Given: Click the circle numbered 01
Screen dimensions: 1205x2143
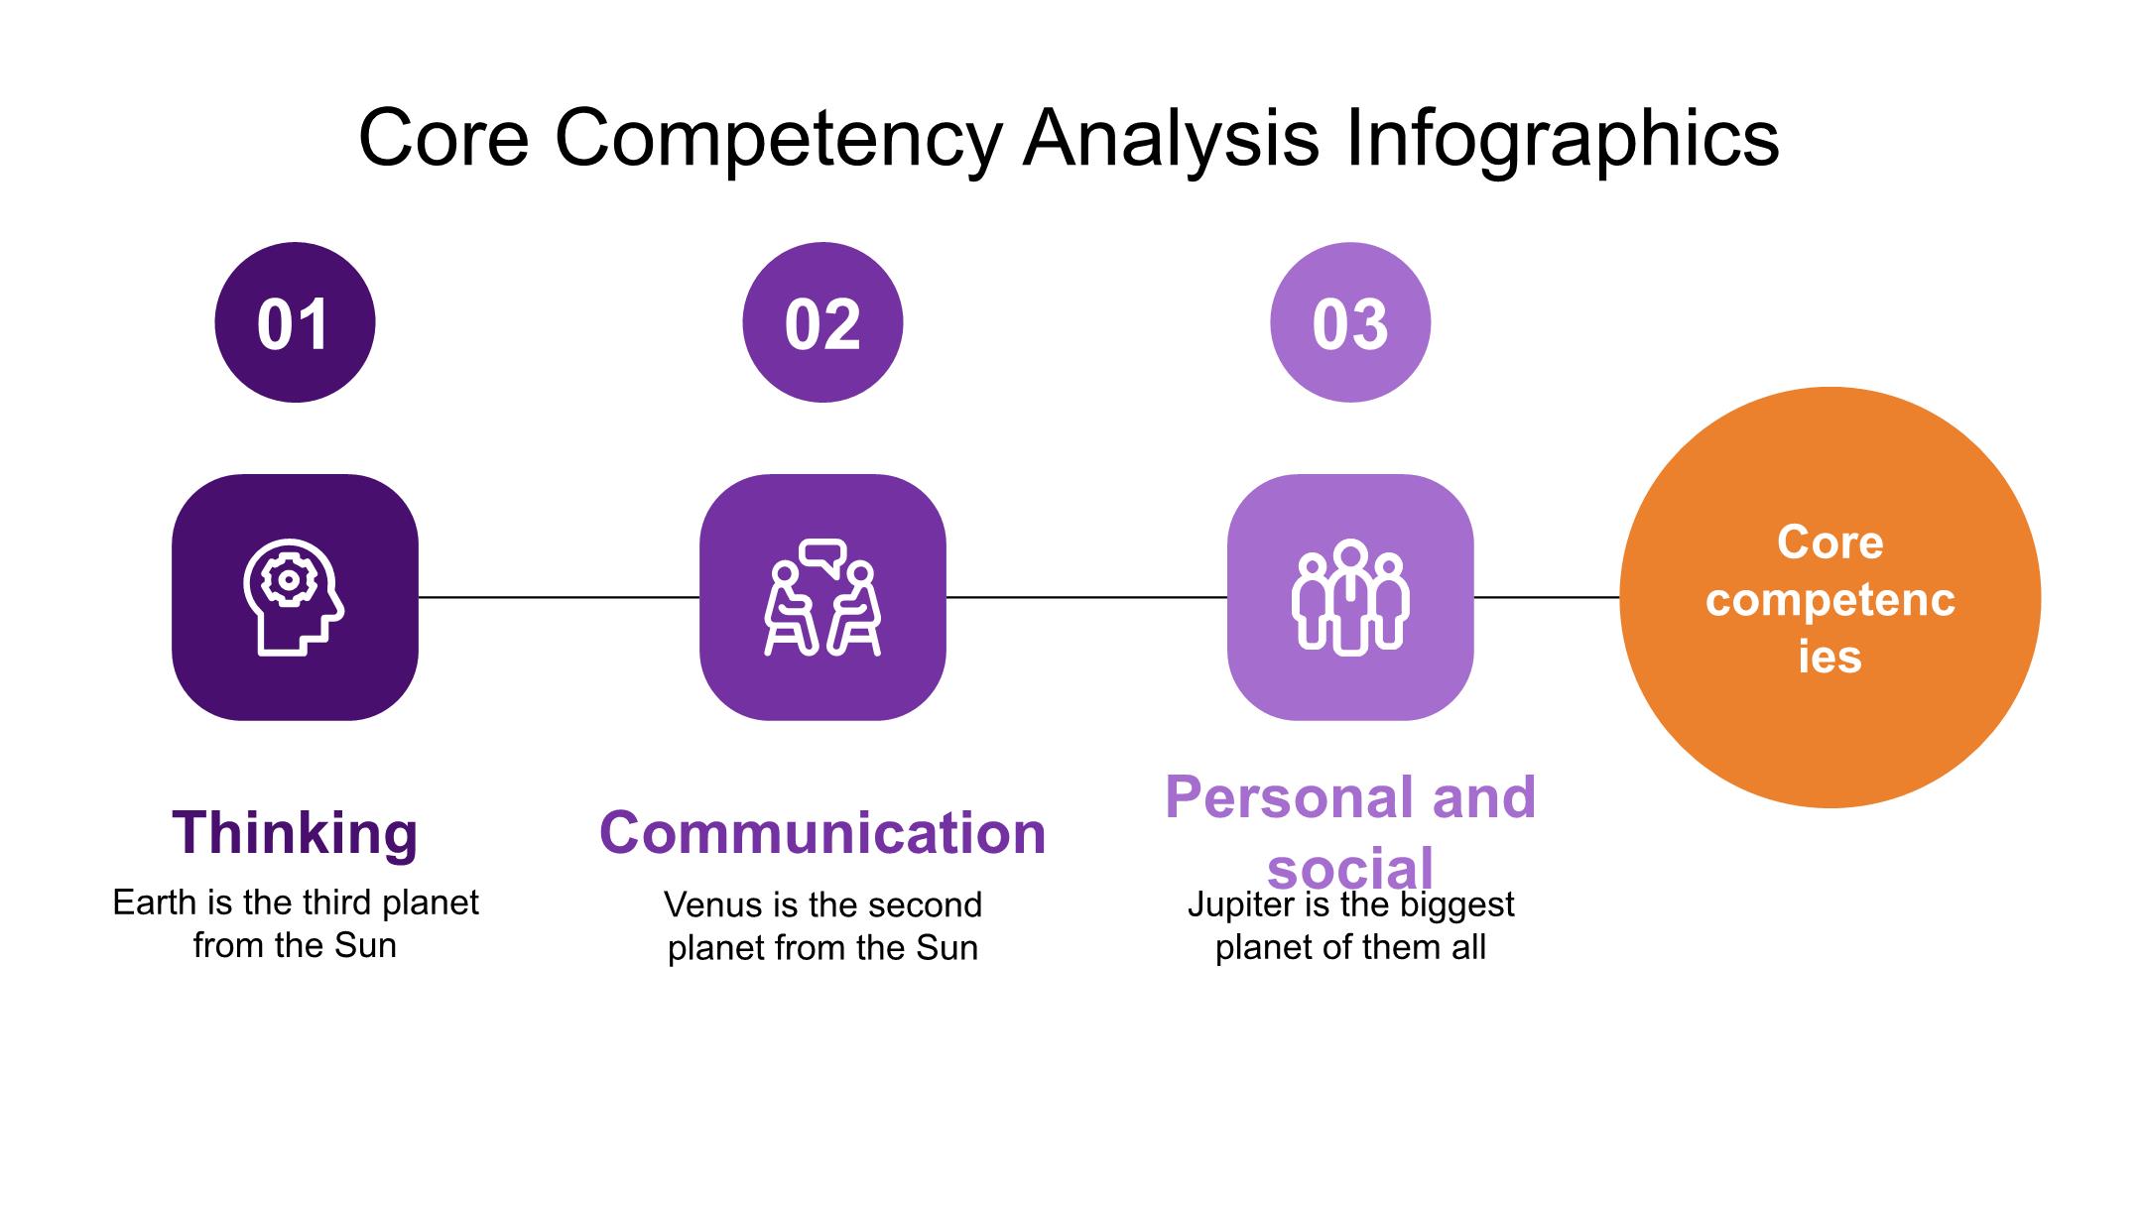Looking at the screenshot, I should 295,322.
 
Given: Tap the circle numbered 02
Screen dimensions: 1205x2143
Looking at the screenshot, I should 822,322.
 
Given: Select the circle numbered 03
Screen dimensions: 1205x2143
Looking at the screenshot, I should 1350,322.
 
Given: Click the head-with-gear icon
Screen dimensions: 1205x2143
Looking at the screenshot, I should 293,597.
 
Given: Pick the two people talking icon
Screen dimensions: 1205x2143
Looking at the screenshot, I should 822,597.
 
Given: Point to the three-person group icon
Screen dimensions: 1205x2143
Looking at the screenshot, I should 1350,597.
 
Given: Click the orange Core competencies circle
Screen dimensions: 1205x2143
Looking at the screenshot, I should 1829,598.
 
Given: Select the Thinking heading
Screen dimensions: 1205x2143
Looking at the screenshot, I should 295,832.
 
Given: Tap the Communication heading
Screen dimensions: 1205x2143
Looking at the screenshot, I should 822,832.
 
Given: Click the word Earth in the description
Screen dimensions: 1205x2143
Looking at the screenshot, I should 153,903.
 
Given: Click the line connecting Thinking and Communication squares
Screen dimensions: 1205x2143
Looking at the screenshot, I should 559,597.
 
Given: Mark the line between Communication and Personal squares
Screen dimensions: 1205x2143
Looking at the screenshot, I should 1086,597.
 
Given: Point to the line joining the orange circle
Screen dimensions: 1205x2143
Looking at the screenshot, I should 1546,597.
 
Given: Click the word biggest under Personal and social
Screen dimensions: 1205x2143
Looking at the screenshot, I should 1456,904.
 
